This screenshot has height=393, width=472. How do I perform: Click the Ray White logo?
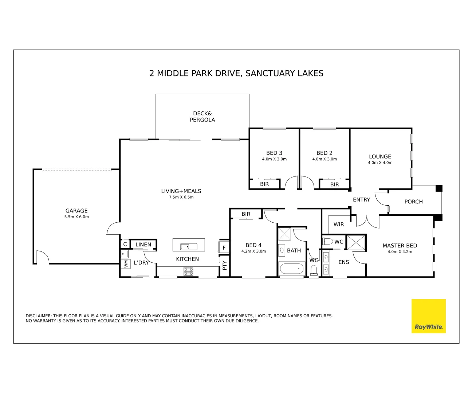tap(429, 316)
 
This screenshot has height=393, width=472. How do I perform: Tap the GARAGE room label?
tap(76, 211)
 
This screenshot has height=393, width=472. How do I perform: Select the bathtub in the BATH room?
tap(292, 269)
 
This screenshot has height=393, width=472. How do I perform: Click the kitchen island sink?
tap(189, 247)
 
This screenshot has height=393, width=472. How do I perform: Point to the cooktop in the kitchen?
tap(188, 271)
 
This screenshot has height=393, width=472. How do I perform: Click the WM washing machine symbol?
tap(126, 264)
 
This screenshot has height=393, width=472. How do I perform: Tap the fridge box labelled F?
tap(224, 248)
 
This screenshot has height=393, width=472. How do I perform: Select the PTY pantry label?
tap(224, 265)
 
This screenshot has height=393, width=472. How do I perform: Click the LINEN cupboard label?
tap(143, 245)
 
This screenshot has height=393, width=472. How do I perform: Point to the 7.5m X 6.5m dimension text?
tap(181, 197)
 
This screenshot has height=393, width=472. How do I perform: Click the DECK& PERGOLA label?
tap(202, 117)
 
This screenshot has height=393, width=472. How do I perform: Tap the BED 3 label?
tap(274, 153)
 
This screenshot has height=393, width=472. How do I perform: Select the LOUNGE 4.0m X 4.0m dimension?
tap(380, 163)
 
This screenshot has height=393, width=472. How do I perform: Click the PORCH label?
tap(413, 202)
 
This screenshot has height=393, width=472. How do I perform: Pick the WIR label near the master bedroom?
tap(339, 225)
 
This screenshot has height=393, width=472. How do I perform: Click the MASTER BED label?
tap(400, 246)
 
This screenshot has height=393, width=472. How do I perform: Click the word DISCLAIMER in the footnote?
tap(39, 316)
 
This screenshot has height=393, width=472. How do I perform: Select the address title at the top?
tap(236, 73)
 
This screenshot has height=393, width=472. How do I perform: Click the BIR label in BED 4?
tap(246, 214)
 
